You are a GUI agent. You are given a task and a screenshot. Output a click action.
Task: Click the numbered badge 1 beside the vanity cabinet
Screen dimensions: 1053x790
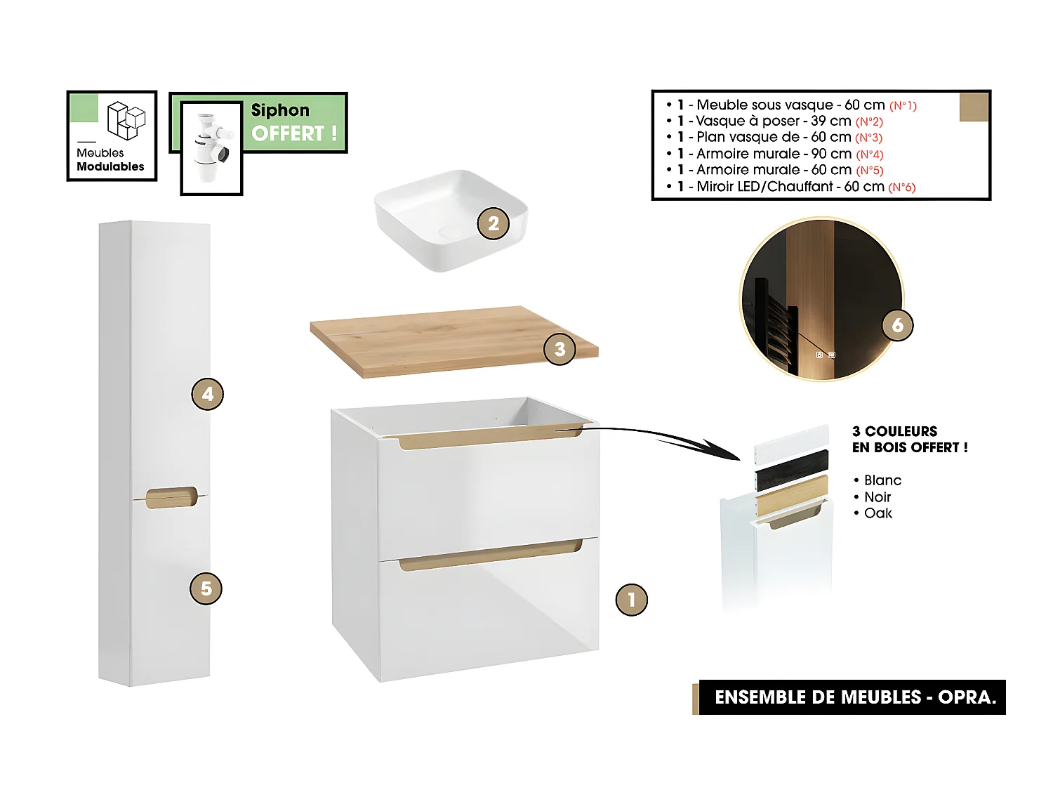(x=631, y=600)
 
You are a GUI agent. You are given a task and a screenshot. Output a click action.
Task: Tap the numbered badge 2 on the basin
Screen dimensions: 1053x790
(x=493, y=223)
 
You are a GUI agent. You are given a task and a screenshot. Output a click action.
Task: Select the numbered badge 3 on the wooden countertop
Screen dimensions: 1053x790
(x=559, y=349)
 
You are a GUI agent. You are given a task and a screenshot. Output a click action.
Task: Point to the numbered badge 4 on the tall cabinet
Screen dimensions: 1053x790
(x=207, y=394)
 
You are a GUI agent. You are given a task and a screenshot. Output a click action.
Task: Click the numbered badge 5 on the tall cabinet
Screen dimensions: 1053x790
(x=206, y=588)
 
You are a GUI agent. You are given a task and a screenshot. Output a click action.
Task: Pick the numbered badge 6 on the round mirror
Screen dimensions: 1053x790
(x=897, y=325)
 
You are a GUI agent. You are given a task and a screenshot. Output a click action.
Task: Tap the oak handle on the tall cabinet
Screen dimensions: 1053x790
(x=171, y=496)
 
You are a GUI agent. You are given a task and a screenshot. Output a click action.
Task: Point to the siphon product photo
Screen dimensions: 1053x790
(x=211, y=148)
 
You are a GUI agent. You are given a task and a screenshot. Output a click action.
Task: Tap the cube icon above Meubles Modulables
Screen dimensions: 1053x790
(x=126, y=120)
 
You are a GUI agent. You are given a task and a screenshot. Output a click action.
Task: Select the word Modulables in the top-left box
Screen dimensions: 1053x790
(x=110, y=166)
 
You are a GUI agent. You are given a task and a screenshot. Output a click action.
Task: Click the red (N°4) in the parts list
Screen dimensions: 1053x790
(x=869, y=154)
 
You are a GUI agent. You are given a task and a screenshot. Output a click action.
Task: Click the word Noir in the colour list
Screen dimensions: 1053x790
(x=877, y=496)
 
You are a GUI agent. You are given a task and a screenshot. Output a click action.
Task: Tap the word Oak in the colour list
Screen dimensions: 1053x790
(x=878, y=513)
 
